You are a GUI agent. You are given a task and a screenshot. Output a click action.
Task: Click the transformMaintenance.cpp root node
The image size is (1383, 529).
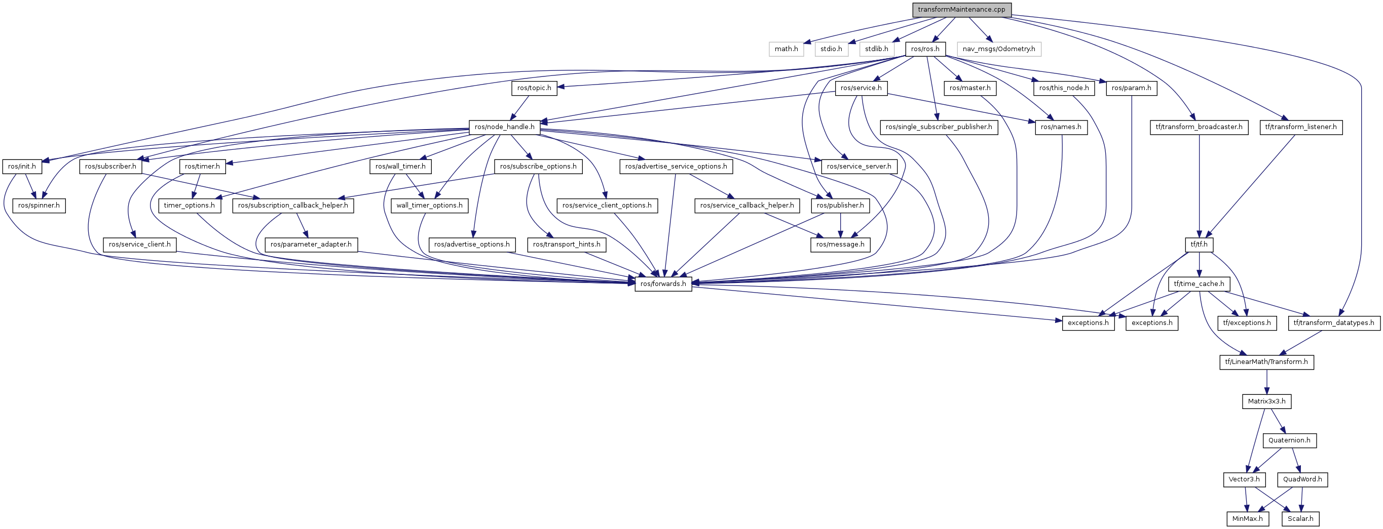point(961,10)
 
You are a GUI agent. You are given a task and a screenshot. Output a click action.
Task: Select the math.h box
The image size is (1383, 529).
point(786,49)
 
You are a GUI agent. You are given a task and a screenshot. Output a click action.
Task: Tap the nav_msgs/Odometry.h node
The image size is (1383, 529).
point(998,49)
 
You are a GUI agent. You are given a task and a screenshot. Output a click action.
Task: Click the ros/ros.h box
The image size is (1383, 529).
point(925,49)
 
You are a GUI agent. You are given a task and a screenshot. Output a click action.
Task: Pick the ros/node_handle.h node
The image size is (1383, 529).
point(504,127)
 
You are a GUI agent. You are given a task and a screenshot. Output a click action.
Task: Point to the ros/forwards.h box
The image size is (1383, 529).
point(663,284)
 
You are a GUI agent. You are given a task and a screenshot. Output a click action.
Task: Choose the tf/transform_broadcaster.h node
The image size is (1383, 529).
point(1199,127)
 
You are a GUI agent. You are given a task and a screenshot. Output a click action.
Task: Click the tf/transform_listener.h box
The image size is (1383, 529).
point(1300,127)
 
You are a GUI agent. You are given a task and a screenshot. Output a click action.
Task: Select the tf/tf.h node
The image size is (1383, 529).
point(1199,245)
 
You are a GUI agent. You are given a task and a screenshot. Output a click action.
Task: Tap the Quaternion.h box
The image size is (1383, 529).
point(1289,440)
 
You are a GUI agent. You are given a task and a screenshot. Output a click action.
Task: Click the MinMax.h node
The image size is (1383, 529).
point(1247,519)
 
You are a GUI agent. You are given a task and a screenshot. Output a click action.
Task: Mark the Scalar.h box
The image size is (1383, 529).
point(1300,519)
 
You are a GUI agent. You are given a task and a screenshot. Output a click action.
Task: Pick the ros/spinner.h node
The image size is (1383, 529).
point(39,206)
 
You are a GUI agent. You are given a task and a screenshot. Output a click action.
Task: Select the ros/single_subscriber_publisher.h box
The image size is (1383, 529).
point(939,127)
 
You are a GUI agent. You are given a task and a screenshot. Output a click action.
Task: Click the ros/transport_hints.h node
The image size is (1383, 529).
point(567,245)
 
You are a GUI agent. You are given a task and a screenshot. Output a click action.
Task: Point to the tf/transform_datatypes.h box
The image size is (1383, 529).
point(1334,323)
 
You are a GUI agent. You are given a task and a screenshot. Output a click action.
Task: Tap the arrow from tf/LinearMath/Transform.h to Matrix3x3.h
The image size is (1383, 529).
point(1266,382)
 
